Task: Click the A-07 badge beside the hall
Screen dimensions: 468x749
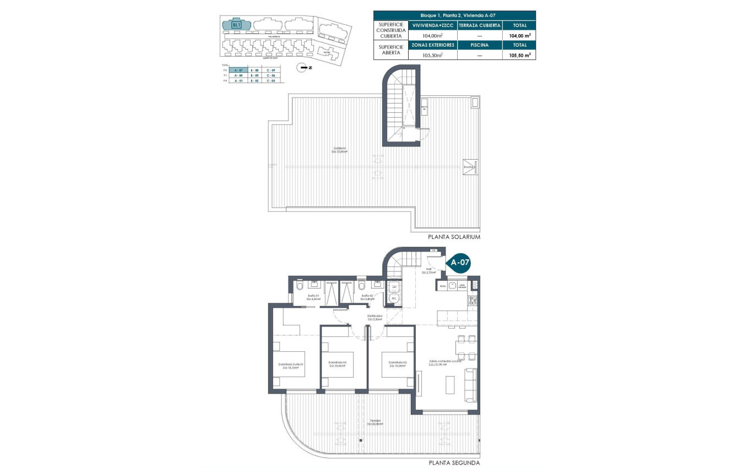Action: tap(460, 263)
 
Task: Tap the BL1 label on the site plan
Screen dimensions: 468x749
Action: tap(236, 24)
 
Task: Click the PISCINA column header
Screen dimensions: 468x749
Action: tap(479, 45)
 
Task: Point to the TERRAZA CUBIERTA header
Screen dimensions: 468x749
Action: tap(479, 25)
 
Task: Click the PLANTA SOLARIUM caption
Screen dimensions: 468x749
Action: tap(454, 237)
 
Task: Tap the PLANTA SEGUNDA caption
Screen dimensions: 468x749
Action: tap(454, 463)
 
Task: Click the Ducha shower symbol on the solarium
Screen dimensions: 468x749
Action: tap(470, 167)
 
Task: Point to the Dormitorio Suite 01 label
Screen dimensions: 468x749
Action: tap(291, 366)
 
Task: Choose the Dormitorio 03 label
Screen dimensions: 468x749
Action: tap(398, 363)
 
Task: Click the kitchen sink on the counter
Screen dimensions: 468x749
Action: tap(452, 286)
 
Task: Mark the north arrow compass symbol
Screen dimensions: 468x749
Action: tap(302, 68)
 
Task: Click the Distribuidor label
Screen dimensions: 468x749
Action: tap(375, 318)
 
